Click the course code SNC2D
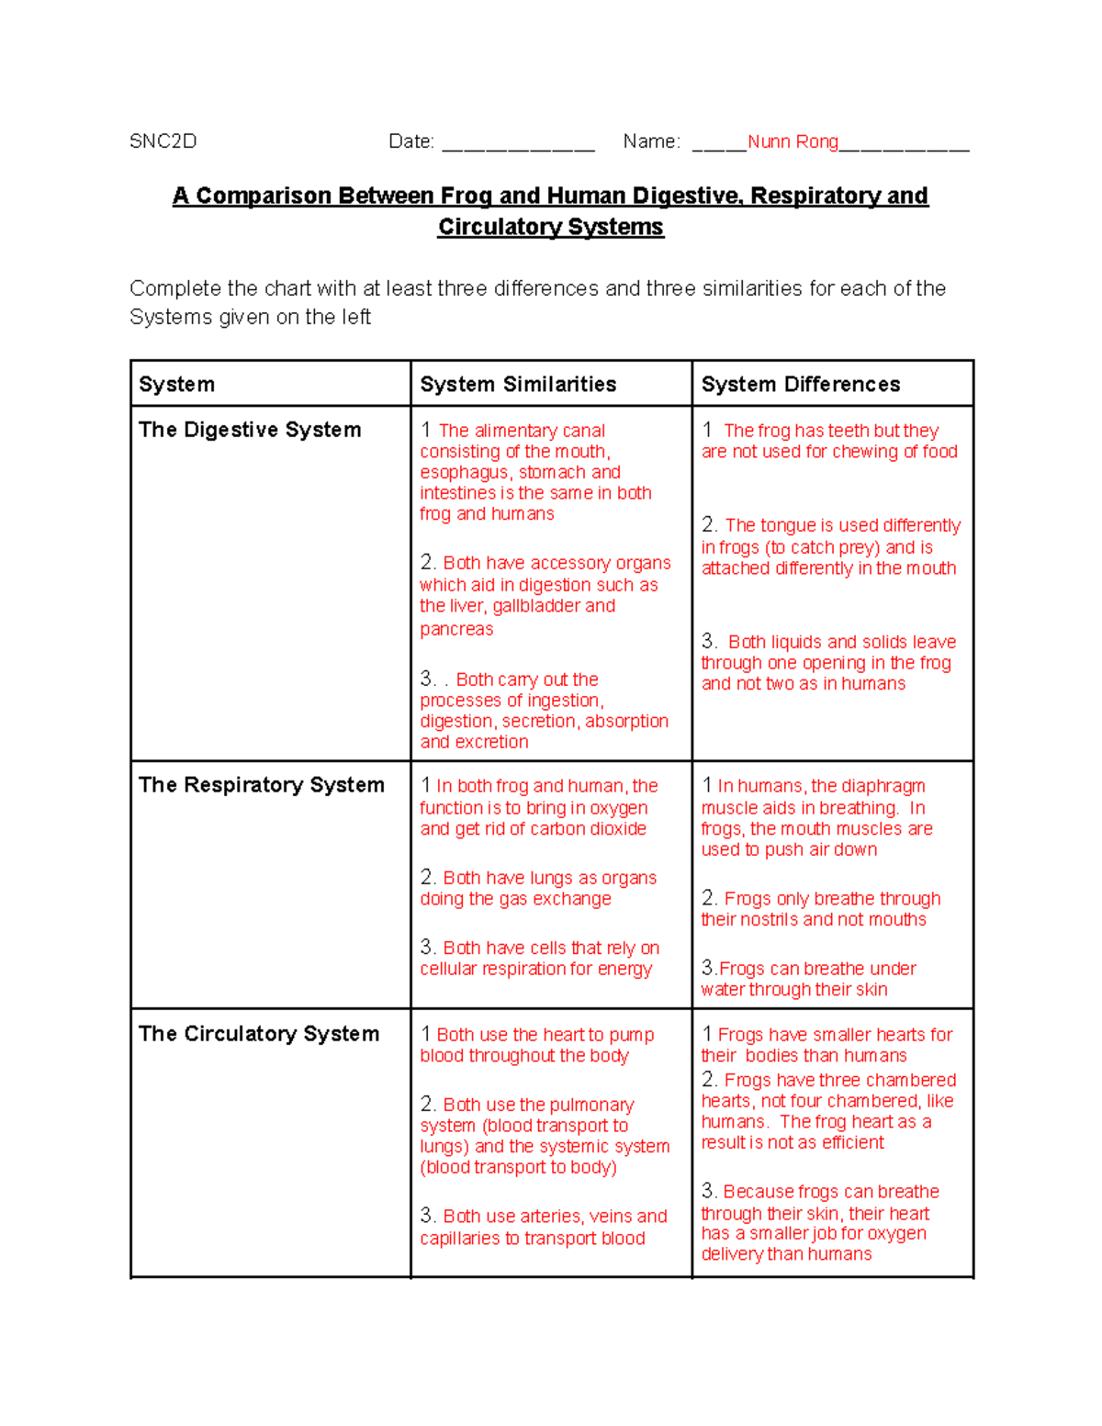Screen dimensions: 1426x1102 click(x=163, y=141)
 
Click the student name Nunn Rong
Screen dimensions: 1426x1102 click(x=793, y=141)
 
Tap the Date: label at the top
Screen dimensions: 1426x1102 click(x=411, y=141)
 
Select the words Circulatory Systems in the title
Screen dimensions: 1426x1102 click(x=550, y=227)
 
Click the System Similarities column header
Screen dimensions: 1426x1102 click(x=518, y=384)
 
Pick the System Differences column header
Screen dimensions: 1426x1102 click(x=801, y=384)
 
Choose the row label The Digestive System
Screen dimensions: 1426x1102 click(x=250, y=430)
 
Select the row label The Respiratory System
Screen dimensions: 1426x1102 click(x=262, y=785)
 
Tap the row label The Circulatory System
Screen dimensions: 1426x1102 click(x=259, y=1034)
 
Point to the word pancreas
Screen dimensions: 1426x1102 click(x=456, y=629)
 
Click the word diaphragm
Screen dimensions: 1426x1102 click(x=883, y=786)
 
